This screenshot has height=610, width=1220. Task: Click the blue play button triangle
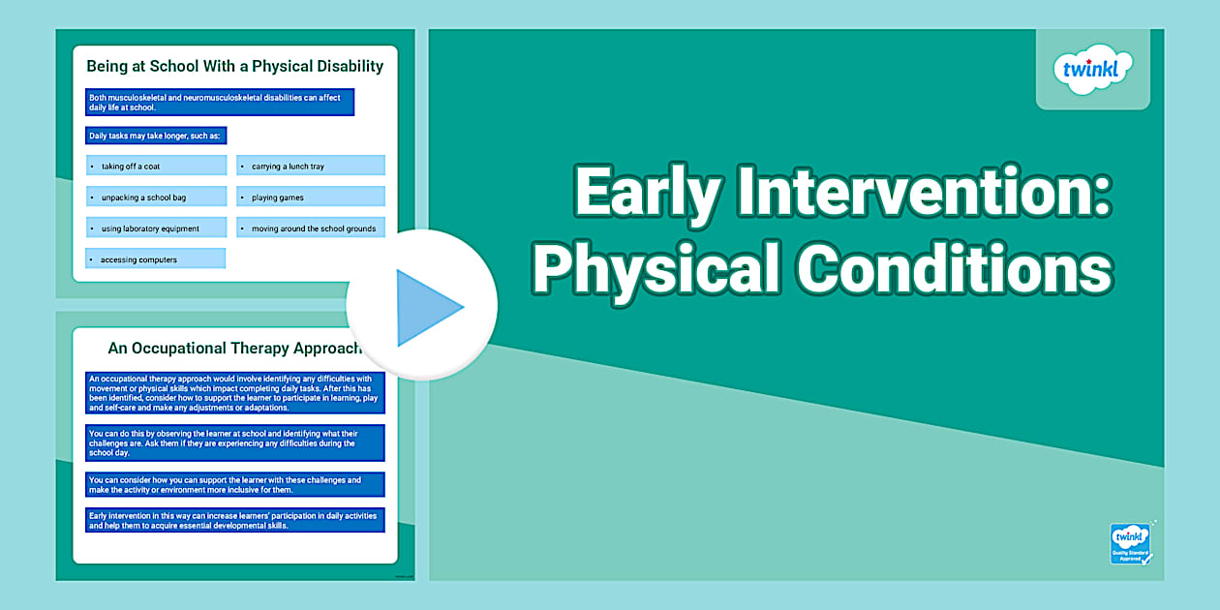pyautogui.click(x=426, y=307)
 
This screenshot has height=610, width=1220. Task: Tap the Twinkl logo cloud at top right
pyautogui.click(x=1092, y=70)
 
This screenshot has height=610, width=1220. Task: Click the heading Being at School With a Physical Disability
pyautogui.click(x=235, y=67)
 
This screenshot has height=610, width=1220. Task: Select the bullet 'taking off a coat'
pyautogui.click(x=156, y=167)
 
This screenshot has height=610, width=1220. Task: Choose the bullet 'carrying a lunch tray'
pyautogui.click(x=310, y=167)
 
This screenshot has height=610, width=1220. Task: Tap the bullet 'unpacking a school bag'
pyautogui.click(x=156, y=198)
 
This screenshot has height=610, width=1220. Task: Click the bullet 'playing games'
pyautogui.click(x=310, y=198)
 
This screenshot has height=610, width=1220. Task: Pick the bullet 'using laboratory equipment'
pyautogui.click(x=156, y=229)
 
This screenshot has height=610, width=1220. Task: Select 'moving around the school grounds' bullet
pyautogui.click(x=310, y=229)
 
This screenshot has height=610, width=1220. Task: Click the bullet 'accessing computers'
pyautogui.click(x=156, y=259)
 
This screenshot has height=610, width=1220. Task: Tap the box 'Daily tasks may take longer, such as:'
pyautogui.click(x=156, y=136)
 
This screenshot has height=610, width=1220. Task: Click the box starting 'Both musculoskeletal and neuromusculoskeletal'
pyautogui.click(x=220, y=103)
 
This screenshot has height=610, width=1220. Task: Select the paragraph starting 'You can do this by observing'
pyautogui.click(x=235, y=442)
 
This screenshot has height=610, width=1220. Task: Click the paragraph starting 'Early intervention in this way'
pyautogui.click(x=235, y=520)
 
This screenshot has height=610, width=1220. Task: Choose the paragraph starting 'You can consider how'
pyautogui.click(x=235, y=484)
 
